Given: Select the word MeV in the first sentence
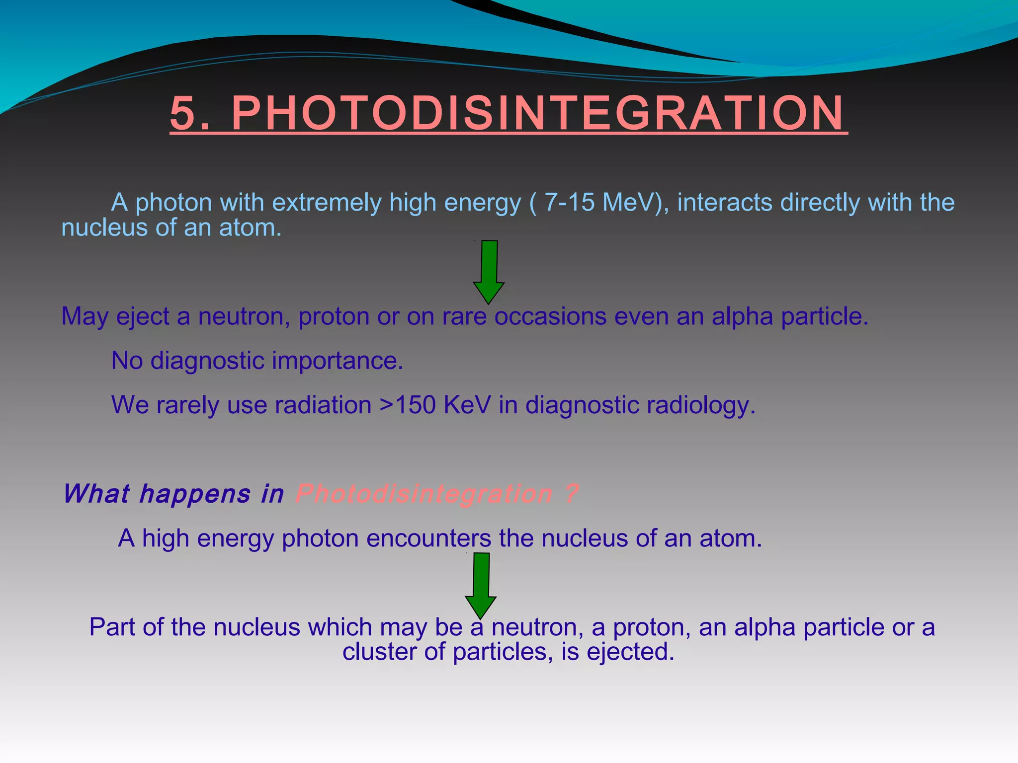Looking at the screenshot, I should (x=630, y=203).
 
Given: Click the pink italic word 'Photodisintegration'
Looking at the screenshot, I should (x=424, y=494).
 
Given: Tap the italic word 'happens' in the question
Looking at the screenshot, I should (x=195, y=494).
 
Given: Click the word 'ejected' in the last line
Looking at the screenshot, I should (x=630, y=652).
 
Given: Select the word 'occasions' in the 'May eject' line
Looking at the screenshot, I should (x=551, y=316).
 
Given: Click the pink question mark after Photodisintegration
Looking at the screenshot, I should (x=572, y=493).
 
